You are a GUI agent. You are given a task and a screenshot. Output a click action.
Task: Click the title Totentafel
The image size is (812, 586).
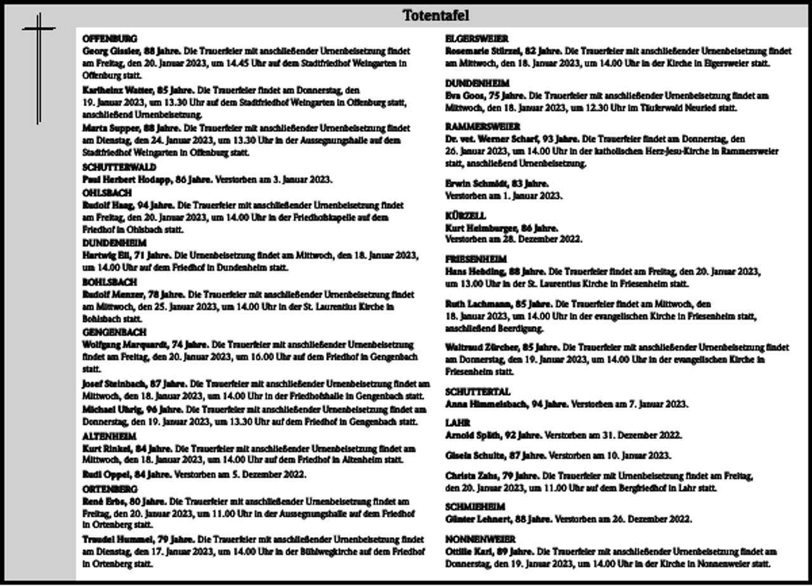click(x=436, y=16)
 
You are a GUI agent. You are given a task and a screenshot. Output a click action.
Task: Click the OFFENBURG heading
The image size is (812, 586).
click(x=110, y=39)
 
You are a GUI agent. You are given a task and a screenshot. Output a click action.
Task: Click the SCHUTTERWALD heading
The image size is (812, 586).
click(x=119, y=167)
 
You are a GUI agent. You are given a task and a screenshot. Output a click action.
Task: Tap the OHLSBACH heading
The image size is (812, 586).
click(x=107, y=193)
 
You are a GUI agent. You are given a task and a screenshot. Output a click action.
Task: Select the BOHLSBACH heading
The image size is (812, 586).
click(x=110, y=282)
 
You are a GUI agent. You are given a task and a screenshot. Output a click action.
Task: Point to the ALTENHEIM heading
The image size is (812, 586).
click(x=109, y=436)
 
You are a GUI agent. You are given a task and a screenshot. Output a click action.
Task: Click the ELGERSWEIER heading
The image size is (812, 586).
click(x=476, y=39)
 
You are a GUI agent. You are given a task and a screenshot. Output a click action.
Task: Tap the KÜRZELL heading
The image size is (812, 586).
click(x=466, y=216)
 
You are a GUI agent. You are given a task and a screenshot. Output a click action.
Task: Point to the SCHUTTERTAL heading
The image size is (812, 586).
click(x=478, y=392)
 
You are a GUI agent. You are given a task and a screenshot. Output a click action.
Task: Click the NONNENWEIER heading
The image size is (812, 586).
click(x=480, y=539)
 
